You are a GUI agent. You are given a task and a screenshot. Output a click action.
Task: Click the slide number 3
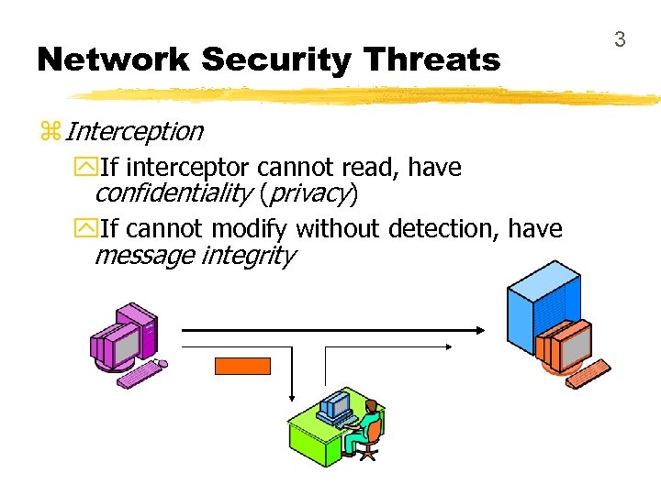coord(620,39)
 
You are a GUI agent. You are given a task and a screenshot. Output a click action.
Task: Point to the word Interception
coord(134,131)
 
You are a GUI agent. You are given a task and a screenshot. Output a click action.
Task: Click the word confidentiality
coord(174,193)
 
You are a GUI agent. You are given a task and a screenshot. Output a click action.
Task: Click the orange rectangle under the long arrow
coord(242,367)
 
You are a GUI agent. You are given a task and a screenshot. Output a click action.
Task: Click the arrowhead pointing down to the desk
coord(292,395)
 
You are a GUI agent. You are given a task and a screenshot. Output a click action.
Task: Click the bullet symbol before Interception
coord(50,132)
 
